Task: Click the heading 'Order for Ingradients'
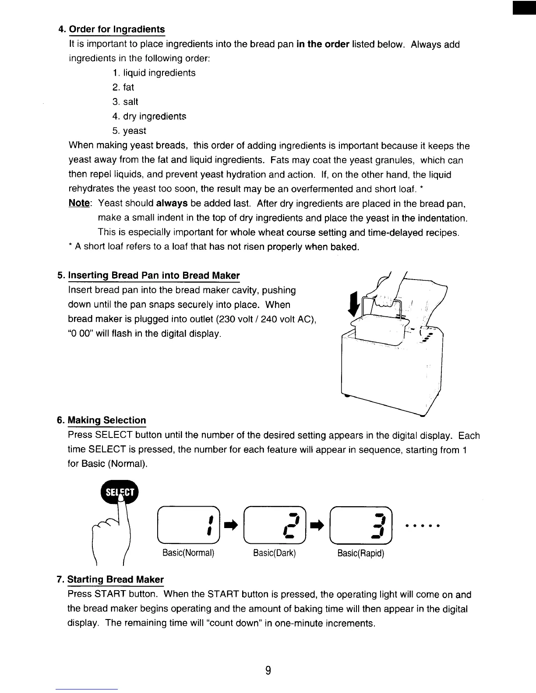pyautogui.click(x=117, y=29)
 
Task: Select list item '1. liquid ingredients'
pyautogui.click(x=154, y=73)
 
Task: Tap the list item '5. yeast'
pyautogui.click(x=129, y=131)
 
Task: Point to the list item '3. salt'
pyautogui.click(x=125, y=101)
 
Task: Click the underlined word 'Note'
pyautogui.click(x=79, y=203)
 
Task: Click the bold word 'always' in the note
pyautogui.click(x=172, y=203)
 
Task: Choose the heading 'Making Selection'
pyautogui.click(x=107, y=420)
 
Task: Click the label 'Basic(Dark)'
pyautogui.click(x=275, y=553)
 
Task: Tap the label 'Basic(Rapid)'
pyautogui.click(x=361, y=553)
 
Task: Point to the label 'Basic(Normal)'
pyautogui.click(x=188, y=553)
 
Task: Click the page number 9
pyautogui.click(x=268, y=670)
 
